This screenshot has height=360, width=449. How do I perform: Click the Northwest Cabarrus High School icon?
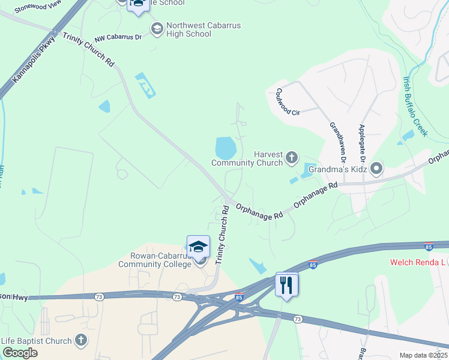coord(157,29)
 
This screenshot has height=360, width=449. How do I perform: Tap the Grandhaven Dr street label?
coord(336,143)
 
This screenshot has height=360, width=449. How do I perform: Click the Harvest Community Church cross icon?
coord(292,158)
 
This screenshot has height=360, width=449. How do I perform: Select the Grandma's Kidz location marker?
coord(376,169)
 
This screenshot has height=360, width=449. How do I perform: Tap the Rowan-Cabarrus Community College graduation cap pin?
coord(198,247)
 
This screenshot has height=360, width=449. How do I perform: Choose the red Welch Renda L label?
coord(419,262)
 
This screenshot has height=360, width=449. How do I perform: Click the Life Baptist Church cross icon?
coord(80,341)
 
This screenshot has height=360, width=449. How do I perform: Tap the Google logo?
coord(20,353)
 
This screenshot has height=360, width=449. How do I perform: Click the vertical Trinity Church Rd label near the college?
coord(223,235)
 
